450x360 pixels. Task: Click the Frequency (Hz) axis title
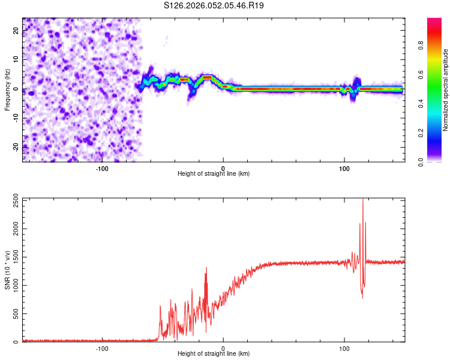[7, 90]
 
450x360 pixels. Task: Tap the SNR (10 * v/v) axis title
[7, 269]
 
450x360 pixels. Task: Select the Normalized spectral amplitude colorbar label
[446, 90]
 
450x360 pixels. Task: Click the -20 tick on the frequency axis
[16, 147]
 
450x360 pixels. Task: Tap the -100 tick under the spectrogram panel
[102, 169]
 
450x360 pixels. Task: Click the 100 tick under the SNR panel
[344, 349]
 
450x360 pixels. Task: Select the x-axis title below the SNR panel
[214, 354]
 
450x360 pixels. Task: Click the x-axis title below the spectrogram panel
[214, 174]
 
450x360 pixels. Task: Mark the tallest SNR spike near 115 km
[363, 200]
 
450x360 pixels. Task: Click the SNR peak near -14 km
[206, 268]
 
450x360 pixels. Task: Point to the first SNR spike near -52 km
[160, 306]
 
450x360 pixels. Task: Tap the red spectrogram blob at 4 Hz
[207, 77]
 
